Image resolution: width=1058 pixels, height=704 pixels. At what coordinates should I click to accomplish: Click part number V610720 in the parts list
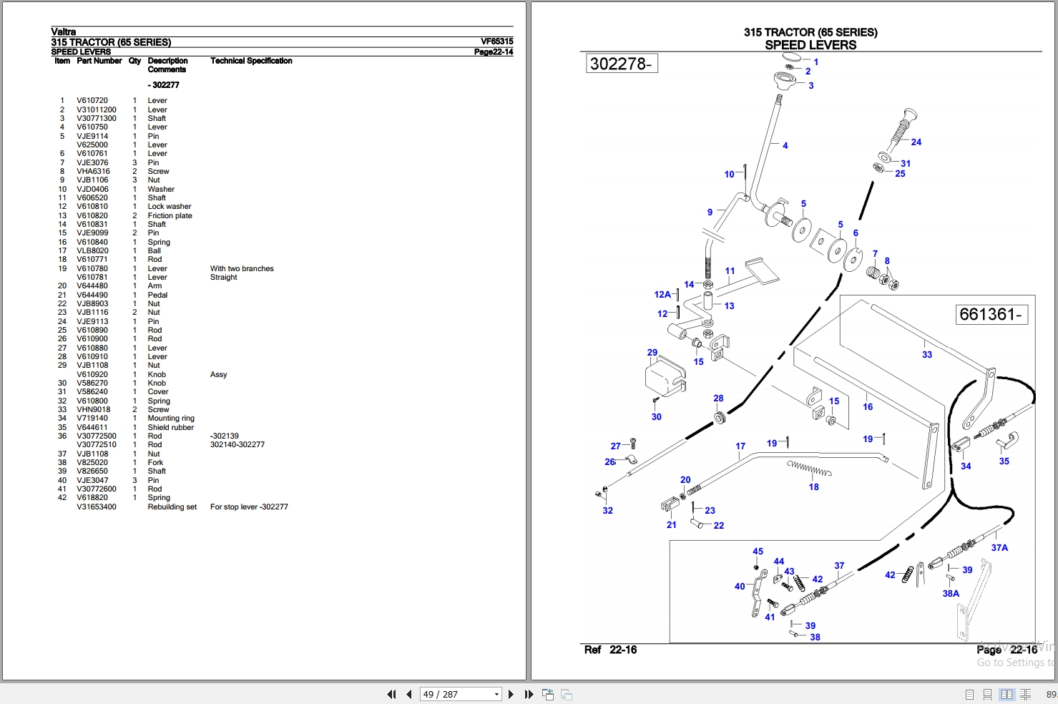pyautogui.click(x=92, y=101)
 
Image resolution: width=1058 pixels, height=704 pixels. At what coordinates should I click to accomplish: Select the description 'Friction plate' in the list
pyautogui.click(x=170, y=215)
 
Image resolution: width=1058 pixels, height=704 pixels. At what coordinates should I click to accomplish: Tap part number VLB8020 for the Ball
pyautogui.click(x=92, y=250)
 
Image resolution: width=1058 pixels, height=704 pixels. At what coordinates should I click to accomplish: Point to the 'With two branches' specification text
pyautogui.click(x=242, y=268)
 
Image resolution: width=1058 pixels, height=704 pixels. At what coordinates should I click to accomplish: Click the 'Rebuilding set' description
pyautogui.click(x=172, y=507)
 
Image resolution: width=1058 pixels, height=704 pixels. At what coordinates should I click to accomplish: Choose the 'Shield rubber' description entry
pyautogui.click(x=170, y=427)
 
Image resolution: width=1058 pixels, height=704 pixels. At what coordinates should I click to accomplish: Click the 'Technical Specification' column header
pyautogui.click(x=251, y=61)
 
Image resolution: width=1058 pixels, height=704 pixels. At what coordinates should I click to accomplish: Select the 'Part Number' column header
pyautogui.click(x=99, y=61)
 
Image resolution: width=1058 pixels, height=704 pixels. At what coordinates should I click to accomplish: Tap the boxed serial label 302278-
pyautogui.click(x=622, y=63)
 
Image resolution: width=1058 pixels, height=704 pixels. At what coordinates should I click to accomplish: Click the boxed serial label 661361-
pyautogui.click(x=991, y=314)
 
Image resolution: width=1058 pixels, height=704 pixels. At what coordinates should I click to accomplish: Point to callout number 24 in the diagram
pyautogui.click(x=916, y=142)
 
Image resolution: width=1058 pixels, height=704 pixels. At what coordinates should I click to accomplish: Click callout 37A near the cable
pyautogui.click(x=999, y=547)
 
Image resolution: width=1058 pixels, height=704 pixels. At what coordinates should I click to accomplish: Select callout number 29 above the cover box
pyautogui.click(x=652, y=353)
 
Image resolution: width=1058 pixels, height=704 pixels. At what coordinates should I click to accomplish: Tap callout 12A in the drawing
pyautogui.click(x=662, y=294)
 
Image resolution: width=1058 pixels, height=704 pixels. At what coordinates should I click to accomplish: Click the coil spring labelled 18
pyautogui.click(x=809, y=469)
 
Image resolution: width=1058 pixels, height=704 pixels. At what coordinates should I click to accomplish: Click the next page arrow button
pyautogui.click(x=511, y=694)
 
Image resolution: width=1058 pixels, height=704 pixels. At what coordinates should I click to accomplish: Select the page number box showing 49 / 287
pyautogui.click(x=461, y=694)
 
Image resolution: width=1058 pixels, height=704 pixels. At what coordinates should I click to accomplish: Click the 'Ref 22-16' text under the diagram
pyautogui.click(x=610, y=650)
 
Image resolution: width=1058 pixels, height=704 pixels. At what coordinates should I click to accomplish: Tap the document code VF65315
pyautogui.click(x=497, y=41)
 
